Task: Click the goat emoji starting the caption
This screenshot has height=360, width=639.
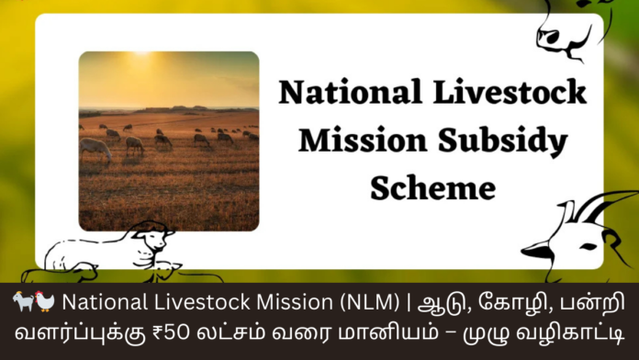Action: pos(24,301)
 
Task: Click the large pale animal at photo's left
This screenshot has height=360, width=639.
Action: pos(95,148)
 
